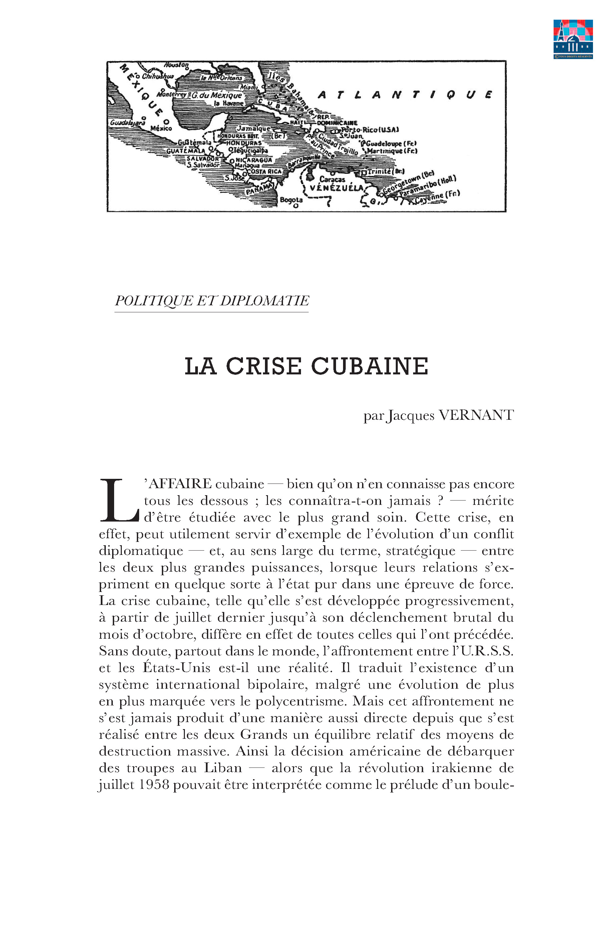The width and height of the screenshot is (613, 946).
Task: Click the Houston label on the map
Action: tap(176, 65)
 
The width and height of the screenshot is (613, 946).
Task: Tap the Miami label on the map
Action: tap(249, 87)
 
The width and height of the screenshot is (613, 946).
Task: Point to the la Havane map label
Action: tap(229, 103)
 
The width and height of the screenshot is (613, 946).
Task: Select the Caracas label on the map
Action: tap(332, 179)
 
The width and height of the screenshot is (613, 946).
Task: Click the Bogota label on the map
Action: tap(291, 200)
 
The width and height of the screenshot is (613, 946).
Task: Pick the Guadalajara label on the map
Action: tap(127, 123)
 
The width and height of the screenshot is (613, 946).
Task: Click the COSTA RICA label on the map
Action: tap(264, 172)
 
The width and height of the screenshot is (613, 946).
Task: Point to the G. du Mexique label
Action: tap(217, 95)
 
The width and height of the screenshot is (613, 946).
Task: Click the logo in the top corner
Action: tap(573, 39)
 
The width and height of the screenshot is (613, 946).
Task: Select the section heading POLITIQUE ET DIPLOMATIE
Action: tap(212, 301)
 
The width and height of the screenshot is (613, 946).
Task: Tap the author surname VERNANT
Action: tap(476, 415)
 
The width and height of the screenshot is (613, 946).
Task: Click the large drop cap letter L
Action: tap(118, 501)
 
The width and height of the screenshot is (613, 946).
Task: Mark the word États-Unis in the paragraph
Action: tap(177, 668)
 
